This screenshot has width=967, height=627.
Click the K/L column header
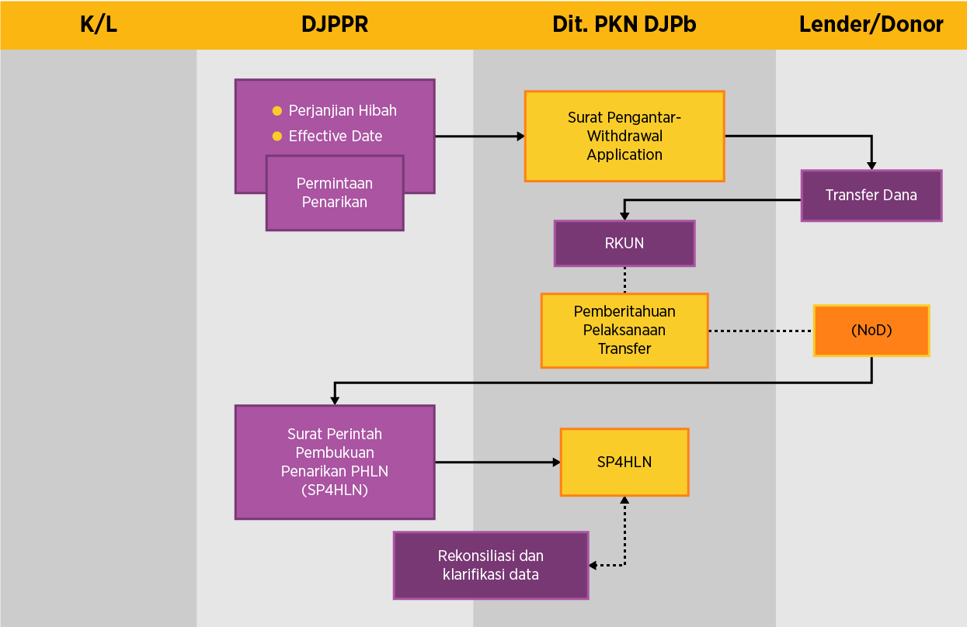click(99, 25)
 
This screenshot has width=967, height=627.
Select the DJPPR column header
click(335, 25)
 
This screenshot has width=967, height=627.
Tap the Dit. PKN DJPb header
click(624, 25)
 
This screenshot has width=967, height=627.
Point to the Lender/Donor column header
click(871, 25)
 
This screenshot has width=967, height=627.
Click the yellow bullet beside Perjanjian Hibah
click(277, 111)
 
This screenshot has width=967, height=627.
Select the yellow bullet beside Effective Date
click(277, 137)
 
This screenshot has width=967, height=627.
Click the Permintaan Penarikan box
click(335, 193)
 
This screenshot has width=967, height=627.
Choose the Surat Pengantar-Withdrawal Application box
click(624, 136)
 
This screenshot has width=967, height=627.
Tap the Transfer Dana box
click(871, 196)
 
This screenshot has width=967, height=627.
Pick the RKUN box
click(624, 243)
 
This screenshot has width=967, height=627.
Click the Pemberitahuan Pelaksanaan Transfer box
click(624, 331)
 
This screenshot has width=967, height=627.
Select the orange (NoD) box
click(871, 331)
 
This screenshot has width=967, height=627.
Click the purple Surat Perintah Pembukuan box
click(335, 462)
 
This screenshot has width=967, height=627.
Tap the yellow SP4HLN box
click(624, 462)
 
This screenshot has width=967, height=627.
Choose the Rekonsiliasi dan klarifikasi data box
click(491, 565)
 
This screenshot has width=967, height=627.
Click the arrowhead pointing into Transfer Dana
click(871, 165)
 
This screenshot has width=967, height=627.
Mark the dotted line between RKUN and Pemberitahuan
click(624, 279)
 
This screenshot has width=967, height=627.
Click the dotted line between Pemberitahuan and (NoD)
click(760, 331)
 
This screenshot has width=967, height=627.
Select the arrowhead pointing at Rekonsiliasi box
click(593, 565)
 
